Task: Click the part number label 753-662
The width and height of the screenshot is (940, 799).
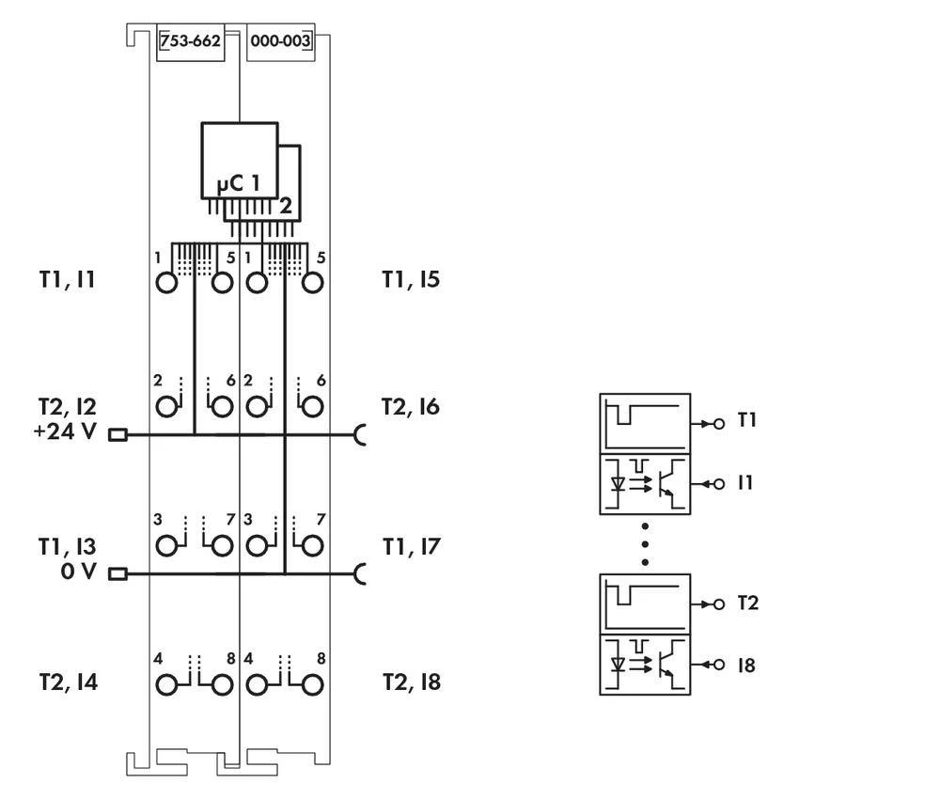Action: click(x=190, y=42)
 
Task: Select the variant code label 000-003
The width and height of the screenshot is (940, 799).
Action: click(x=280, y=42)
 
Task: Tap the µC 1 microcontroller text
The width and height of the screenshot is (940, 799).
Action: click(x=239, y=182)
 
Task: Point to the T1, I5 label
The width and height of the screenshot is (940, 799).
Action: click(x=411, y=279)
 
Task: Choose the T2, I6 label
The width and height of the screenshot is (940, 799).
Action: click(x=411, y=407)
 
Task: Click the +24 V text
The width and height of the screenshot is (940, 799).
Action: click(x=66, y=434)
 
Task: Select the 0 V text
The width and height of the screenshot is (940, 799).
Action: click(x=79, y=572)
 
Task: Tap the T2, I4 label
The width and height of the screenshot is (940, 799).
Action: click(x=68, y=682)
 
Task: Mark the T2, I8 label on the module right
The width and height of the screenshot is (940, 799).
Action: click(x=412, y=682)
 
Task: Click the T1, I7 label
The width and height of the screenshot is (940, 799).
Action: click(x=411, y=546)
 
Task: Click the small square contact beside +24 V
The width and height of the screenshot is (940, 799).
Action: click(x=117, y=434)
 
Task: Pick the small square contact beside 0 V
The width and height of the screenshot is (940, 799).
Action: click(x=117, y=573)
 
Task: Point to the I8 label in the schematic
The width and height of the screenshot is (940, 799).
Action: click(x=746, y=666)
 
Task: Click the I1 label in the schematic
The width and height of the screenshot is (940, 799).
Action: click(x=745, y=483)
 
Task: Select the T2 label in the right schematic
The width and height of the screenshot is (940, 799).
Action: click(x=747, y=603)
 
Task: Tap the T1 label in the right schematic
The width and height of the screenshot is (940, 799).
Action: click(x=747, y=420)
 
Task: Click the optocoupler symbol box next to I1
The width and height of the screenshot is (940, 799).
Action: click(x=645, y=483)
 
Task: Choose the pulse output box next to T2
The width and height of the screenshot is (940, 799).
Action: click(x=645, y=603)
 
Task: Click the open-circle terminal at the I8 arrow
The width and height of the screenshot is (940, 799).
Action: click(x=719, y=666)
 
